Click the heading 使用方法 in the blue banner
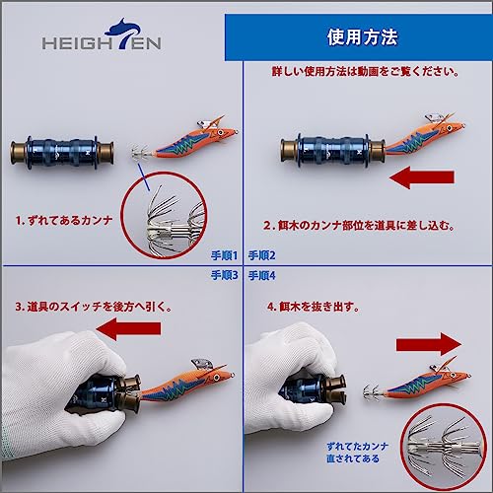(x=362, y=36)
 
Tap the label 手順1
(x=224, y=255)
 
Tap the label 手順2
(x=262, y=255)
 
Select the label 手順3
(x=224, y=275)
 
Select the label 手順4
(x=262, y=275)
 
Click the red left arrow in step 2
(x=422, y=177)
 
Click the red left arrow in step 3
(x=129, y=328)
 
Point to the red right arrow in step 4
(x=429, y=344)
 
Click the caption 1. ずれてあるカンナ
(x=64, y=220)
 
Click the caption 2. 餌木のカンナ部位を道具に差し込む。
(x=359, y=226)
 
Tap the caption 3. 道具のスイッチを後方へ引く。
(x=94, y=307)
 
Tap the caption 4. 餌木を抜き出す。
(x=314, y=307)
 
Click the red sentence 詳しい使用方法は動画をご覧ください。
(x=365, y=71)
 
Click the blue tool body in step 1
(x=62, y=152)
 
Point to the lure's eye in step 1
(x=220, y=132)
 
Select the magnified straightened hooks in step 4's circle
(x=444, y=448)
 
